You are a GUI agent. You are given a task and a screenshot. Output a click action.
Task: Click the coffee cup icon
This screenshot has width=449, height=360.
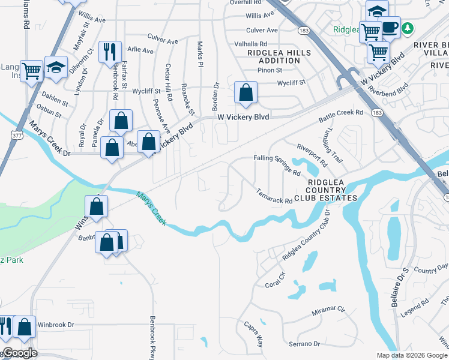tap(390, 27)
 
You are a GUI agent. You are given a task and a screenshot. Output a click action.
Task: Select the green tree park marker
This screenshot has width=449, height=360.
tap(408, 28)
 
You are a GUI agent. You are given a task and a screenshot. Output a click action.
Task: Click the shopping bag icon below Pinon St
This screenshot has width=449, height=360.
tap(246, 93)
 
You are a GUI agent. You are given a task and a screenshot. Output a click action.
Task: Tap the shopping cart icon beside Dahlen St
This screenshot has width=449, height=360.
tap(31, 70)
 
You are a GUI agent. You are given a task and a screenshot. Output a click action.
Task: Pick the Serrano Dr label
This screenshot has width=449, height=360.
tap(304, 344)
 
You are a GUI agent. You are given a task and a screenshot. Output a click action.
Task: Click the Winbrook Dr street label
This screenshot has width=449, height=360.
tap(56, 325)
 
